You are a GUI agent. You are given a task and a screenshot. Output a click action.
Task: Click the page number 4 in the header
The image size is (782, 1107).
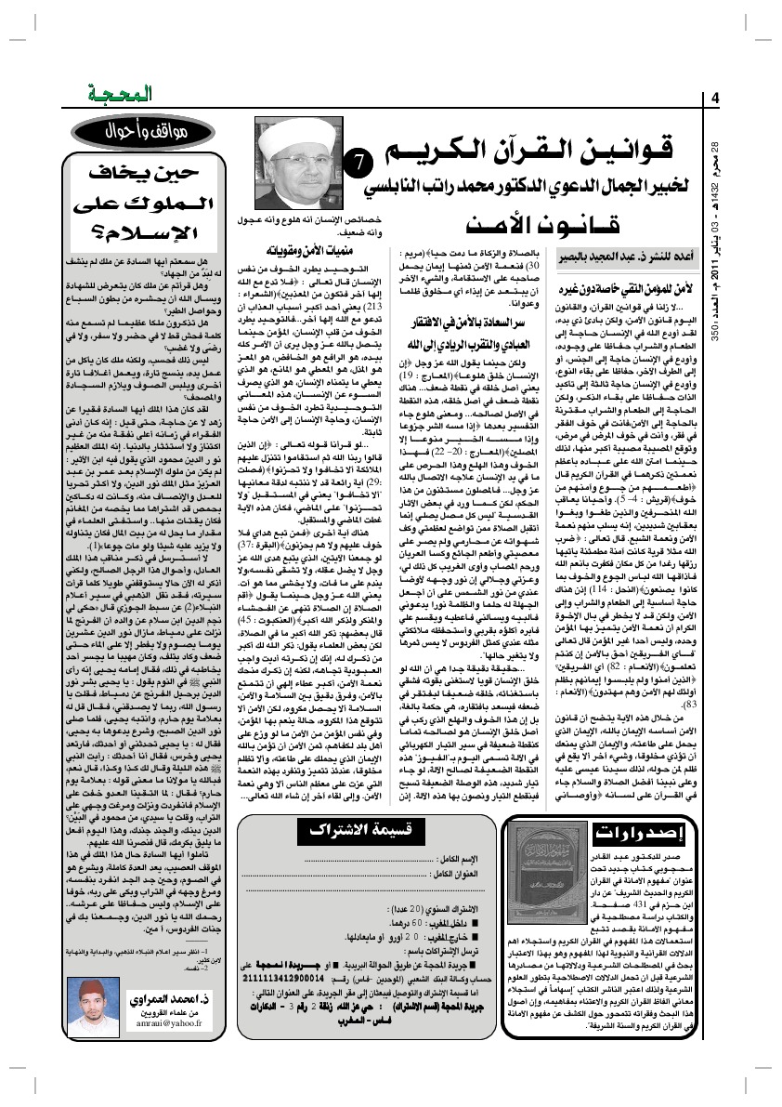click(715, 99)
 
